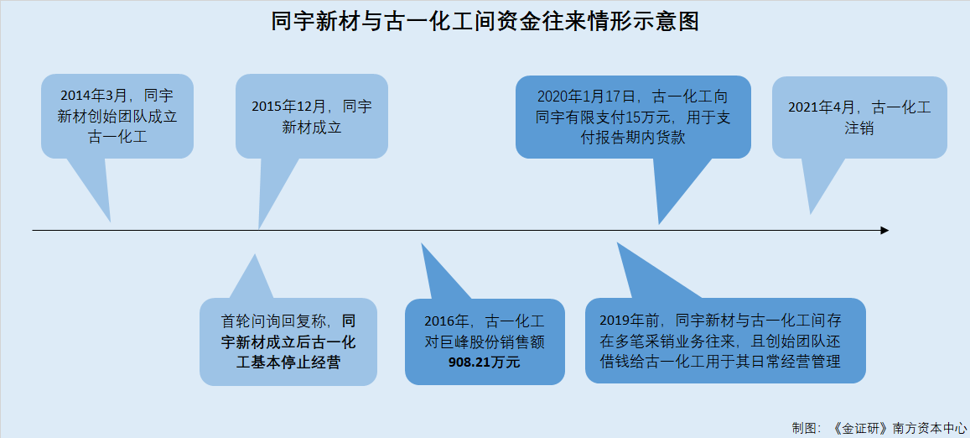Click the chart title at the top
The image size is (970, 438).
pyautogui.click(x=485, y=23)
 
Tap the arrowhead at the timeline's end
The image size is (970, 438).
pyautogui.click(x=884, y=231)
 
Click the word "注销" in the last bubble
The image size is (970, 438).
pyautogui.click(x=859, y=129)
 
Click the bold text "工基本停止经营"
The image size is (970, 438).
pyautogui.click(x=288, y=362)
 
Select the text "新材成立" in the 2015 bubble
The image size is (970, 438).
pyautogui.click(x=312, y=128)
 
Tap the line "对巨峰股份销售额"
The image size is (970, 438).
pyautogui.click(x=485, y=342)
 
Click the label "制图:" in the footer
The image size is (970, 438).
pyautogui.click(x=807, y=427)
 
